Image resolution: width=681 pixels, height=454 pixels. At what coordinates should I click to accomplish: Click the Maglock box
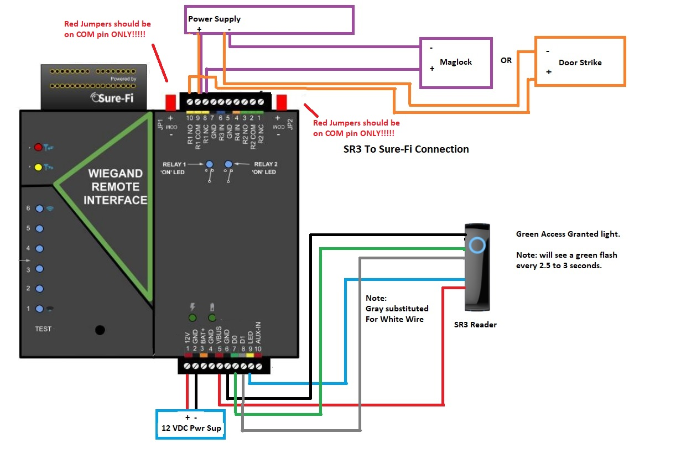(x=456, y=62)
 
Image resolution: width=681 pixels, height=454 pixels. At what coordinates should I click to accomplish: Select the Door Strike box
(x=580, y=62)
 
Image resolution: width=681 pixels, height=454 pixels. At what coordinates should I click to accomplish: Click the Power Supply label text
(x=215, y=19)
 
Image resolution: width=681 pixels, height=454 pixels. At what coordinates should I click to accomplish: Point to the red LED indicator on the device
(x=38, y=148)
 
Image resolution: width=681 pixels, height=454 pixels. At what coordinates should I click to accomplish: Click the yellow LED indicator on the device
(x=38, y=166)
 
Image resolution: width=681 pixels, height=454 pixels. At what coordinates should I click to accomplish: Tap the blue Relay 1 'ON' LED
(x=210, y=164)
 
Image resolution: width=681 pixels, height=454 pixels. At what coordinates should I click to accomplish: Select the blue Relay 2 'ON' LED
(x=228, y=164)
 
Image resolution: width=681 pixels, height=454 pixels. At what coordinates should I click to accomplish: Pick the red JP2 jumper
(x=281, y=102)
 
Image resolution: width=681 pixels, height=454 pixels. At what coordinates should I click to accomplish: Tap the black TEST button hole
(x=100, y=330)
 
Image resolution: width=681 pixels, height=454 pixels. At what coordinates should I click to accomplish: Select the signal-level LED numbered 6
(x=39, y=208)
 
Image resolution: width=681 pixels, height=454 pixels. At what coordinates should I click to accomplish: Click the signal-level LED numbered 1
(x=39, y=309)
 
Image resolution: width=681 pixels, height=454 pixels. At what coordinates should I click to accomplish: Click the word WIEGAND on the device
(x=115, y=173)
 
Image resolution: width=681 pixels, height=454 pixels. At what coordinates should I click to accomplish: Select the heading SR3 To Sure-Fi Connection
(x=406, y=149)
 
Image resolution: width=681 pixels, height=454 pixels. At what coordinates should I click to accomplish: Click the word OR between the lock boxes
(x=506, y=60)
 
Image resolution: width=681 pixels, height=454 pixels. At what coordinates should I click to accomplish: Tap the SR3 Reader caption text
(x=475, y=325)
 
